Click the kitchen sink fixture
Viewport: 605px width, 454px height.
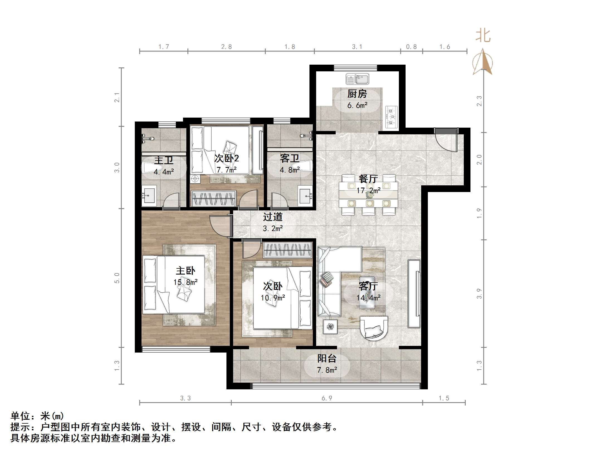(x=357, y=79)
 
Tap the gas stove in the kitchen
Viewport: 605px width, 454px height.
(x=391, y=117)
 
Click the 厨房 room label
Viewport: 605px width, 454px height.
(x=357, y=94)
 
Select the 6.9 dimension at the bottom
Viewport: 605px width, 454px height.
(x=327, y=398)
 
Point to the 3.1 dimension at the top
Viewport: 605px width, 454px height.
(x=357, y=47)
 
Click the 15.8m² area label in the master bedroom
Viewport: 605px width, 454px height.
(x=186, y=282)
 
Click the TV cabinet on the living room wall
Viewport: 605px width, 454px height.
(x=414, y=293)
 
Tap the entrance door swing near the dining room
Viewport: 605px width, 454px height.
(x=446, y=141)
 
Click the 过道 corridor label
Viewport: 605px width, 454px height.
(x=273, y=217)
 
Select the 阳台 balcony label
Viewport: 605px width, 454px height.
(x=327, y=358)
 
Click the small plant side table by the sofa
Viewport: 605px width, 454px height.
(x=330, y=326)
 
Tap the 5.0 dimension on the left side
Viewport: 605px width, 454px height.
(x=117, y=278)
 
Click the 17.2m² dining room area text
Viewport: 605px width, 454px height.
(x=368, y=191)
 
